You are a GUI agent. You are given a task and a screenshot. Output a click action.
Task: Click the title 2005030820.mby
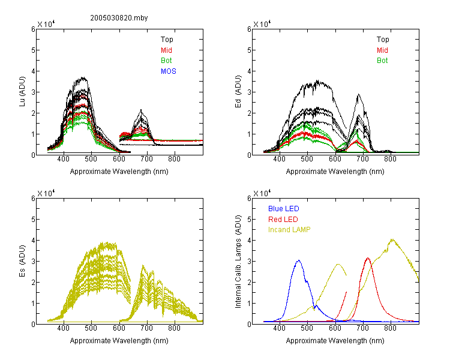119,18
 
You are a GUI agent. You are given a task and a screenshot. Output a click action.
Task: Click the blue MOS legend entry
169,71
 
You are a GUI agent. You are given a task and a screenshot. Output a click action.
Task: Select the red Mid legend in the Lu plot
166,50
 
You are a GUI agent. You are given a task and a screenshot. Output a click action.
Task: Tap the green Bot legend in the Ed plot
382,61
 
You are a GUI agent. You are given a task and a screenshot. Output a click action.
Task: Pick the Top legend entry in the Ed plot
383,40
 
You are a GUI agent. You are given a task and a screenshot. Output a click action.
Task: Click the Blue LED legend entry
284,209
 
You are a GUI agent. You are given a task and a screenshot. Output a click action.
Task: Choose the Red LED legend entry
283,220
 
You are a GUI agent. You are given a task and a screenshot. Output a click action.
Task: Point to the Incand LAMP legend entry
289,230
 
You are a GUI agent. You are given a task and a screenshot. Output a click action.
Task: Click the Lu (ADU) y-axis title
22,92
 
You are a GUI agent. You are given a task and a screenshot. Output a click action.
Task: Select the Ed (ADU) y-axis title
238,92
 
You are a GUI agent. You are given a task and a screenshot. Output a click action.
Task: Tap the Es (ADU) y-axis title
22,261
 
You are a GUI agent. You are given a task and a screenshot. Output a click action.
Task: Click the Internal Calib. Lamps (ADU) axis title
238,262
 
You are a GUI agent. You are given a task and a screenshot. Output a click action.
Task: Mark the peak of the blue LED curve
299,260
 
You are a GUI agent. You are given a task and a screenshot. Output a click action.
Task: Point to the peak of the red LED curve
368,258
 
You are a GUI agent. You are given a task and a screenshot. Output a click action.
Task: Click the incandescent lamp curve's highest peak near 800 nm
392,239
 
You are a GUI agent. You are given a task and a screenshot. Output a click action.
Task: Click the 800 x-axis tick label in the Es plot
174,328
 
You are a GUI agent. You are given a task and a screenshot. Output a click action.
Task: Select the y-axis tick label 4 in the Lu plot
33,71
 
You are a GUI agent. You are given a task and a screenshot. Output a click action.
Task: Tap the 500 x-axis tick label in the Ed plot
307,159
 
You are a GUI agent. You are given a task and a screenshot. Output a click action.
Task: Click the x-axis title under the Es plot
119,341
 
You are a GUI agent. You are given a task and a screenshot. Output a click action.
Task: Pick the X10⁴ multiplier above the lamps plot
262,193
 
